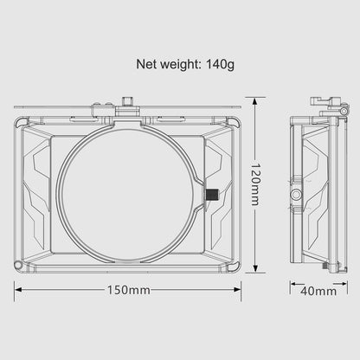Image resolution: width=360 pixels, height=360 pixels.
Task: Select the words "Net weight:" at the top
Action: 172,63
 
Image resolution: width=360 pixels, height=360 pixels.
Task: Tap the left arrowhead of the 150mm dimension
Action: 17,291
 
